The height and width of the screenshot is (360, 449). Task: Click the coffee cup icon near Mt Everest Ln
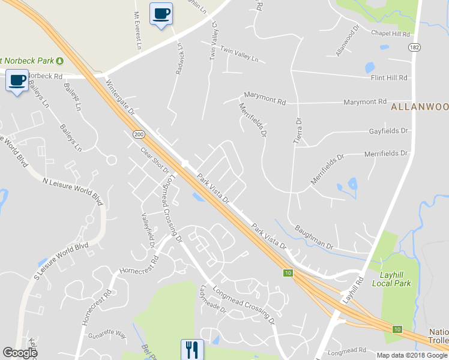[161, 14]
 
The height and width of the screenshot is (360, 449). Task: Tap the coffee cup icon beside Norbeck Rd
[17, 80]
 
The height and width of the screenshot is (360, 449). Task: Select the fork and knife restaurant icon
[192, 349]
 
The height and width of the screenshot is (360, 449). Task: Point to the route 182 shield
[414, 47]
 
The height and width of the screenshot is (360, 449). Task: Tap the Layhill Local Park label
[391, 279]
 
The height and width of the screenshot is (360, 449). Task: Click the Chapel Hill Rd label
[390, 34]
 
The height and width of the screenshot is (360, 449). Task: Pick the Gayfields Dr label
[388, 130]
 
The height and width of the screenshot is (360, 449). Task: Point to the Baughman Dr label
[313, 237]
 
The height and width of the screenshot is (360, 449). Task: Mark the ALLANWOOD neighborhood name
[420, 107]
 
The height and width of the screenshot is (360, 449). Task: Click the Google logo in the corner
[20, 353]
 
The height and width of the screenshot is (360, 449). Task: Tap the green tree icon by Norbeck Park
[60, 61]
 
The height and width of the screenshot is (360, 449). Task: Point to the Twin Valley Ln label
[239, 55]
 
